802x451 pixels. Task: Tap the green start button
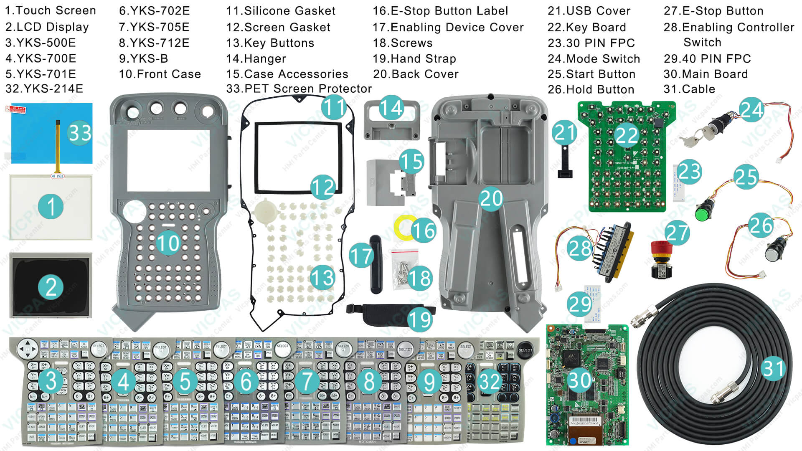point(703,212)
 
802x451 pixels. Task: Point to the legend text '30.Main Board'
point(706,74)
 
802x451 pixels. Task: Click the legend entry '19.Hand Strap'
point(414,58)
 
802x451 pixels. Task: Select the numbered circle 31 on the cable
point(773,368)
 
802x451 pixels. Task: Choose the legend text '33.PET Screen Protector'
point(299,89)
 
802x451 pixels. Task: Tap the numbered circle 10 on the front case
point(168,243)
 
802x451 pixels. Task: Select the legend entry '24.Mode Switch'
point(594,58)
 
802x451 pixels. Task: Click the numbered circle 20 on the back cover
point(491,198)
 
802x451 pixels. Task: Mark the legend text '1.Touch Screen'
point(50,10)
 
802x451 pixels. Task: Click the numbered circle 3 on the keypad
point(51,381)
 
